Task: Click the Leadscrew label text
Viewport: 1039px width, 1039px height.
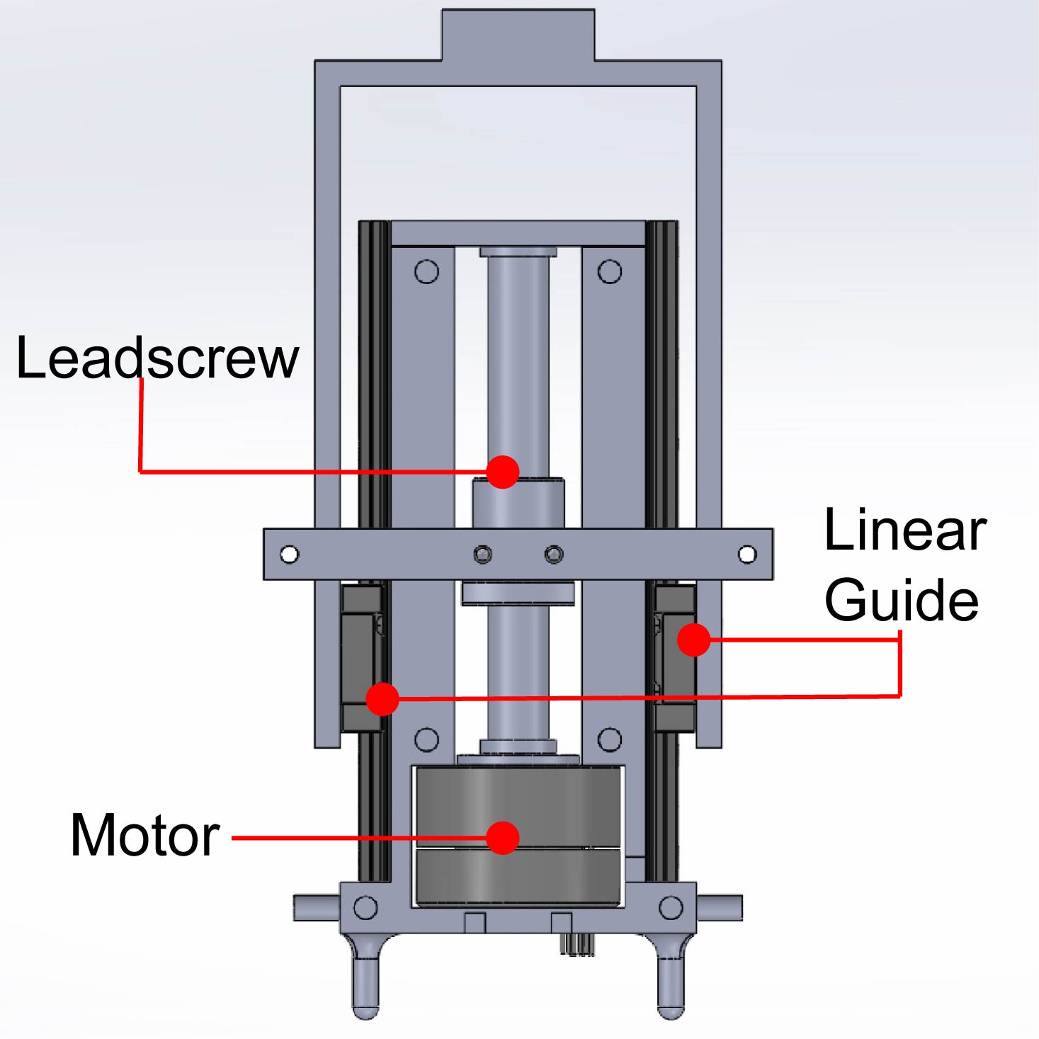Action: coord(157,358)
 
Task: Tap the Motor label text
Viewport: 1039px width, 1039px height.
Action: coord(145,836)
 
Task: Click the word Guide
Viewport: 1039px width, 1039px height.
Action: coord(902,600)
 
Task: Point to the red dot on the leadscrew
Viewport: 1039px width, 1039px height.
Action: coord(503,472)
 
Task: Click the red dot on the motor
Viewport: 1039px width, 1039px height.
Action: coord(503,838)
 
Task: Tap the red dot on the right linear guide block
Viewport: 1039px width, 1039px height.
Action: coord(693,640)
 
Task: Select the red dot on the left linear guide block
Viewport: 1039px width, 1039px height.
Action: coord(382,699)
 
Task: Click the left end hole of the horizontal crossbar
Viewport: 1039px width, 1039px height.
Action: coord(289,555)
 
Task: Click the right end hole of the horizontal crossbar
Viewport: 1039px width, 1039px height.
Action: coord(747,555)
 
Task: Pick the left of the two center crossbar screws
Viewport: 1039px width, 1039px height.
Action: coord(483,554)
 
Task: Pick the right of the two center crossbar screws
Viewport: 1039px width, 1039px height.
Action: coord(554,554)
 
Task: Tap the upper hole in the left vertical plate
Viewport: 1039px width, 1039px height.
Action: coord(426,271)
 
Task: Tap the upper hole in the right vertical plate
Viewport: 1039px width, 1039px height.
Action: coord(610,271)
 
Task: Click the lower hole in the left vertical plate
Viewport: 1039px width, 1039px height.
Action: coord(426,740)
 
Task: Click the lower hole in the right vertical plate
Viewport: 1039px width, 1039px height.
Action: coord(610,740)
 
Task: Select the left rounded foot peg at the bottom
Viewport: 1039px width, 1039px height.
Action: coord(365,984)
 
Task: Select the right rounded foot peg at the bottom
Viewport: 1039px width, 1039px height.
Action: coord(671,984)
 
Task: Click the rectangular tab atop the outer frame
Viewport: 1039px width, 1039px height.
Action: coord(518,35)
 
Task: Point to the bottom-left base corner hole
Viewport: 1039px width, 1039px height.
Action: coord(365,907)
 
